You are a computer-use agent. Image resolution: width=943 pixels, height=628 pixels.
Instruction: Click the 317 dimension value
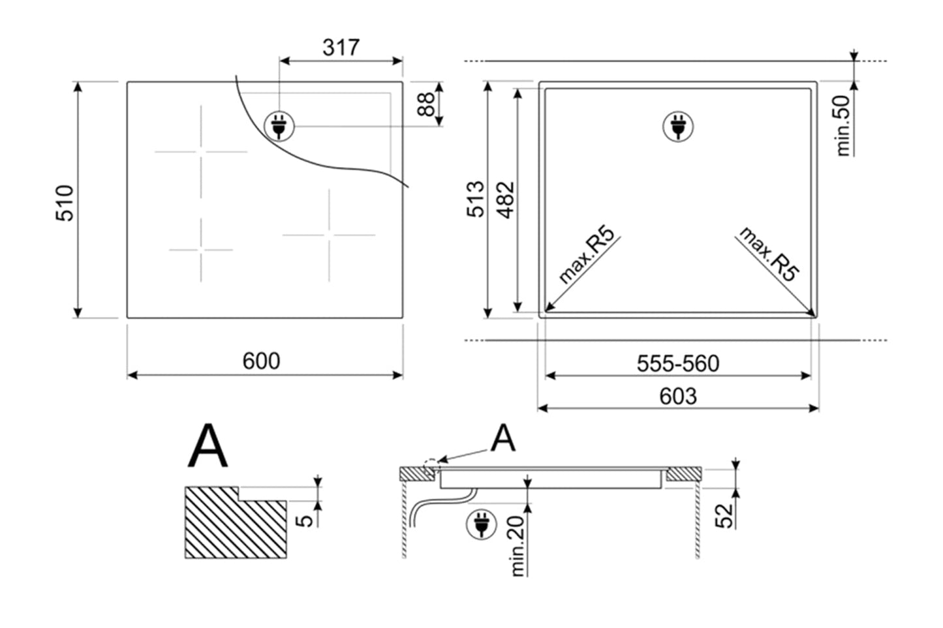pos(341,48)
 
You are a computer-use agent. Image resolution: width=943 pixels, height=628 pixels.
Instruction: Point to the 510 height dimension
pos(65,203)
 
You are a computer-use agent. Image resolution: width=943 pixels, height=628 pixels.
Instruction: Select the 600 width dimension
pos(261,361)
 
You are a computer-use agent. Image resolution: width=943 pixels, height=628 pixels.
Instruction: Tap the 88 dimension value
pos(425,104)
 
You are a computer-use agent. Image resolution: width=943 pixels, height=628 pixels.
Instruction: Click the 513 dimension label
pos(475,199)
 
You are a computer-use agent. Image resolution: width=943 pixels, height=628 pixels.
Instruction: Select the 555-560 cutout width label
pos(677,363)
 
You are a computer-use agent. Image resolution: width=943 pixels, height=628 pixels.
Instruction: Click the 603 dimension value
pos(677,396)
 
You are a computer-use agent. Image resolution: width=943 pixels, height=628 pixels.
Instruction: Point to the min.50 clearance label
pos(843,125)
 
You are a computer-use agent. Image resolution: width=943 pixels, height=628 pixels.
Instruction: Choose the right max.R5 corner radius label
pos(769,254)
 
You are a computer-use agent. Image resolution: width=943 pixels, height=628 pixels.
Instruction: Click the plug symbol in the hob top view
pos(279,126)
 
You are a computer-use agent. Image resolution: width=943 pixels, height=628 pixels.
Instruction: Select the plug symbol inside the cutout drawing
pos(677,126)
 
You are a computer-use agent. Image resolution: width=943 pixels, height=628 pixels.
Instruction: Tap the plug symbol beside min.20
pos(482,525)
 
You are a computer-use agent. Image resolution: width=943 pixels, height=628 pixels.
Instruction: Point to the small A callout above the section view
pos(502,438)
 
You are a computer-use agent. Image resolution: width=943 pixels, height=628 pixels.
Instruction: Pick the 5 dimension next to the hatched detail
pos(303,520)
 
